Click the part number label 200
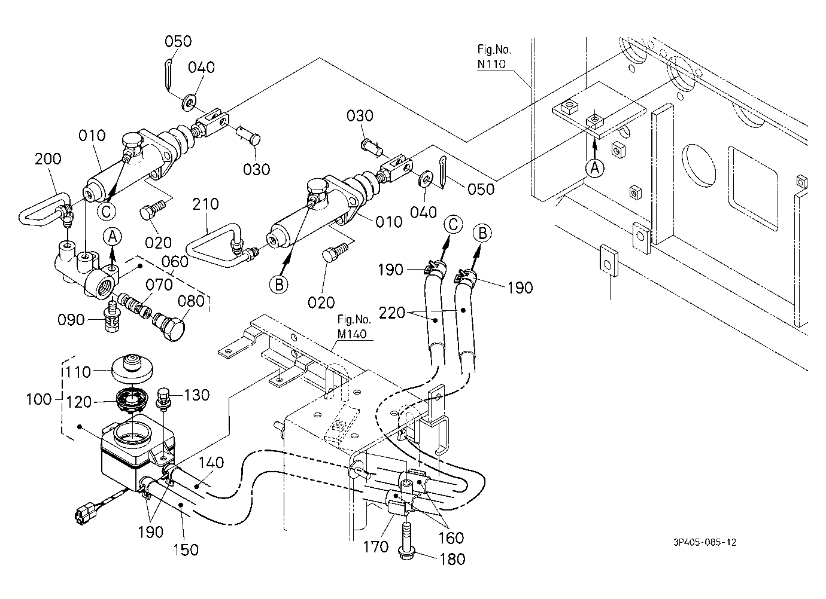[x=48, y=159]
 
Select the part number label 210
[x=205, y=204]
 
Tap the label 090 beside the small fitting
[x=71, y=320]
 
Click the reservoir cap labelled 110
[x=132, y=369]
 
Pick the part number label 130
[x=197, y=395]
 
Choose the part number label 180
[x=453, y=559]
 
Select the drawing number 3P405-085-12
[x=704, y=542]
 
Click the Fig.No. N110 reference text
[x=494, y=57]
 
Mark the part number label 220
[x=392, y=313]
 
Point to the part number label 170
[x=376, y=547]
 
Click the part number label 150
[x=186, y=550]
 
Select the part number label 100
[x=39, y=399]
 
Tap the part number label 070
[x=159, y=285]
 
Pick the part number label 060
[x=175, y=262]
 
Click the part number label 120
[x=78, y=402]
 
